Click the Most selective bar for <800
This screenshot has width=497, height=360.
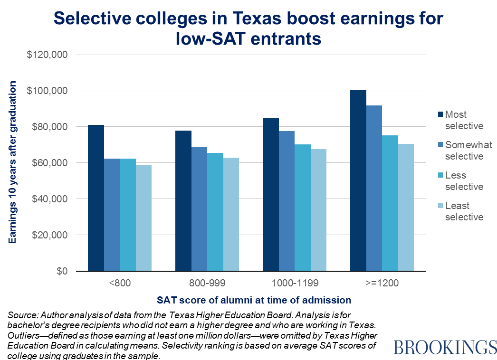pos(96,198)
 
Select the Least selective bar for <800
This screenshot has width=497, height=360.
pos(143,218)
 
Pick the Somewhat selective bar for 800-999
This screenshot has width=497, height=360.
pos(199,209)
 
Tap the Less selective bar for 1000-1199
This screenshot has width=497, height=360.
pos(302,208)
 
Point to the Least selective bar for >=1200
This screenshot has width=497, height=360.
pos(406,207)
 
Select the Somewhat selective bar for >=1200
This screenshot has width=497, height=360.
pos(374,188)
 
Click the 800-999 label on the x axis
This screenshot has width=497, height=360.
pos(207,284)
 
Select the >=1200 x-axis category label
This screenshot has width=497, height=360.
pos(382,284)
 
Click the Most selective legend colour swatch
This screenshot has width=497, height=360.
pos(440,114)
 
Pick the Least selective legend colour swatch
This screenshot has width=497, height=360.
pos(440,206)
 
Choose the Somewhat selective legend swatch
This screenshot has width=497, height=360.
pos(440,145)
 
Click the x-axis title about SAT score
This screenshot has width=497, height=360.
pos(254,300)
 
